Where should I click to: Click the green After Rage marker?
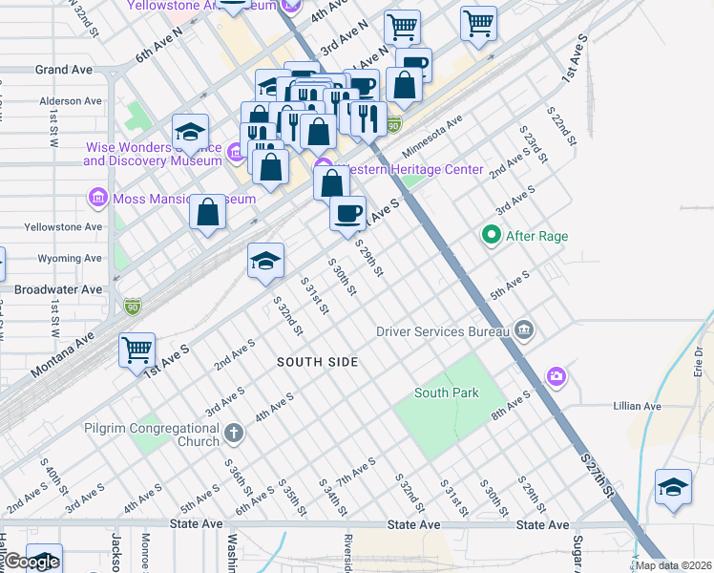492,235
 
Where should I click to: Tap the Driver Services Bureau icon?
523,331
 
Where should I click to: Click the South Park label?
447,393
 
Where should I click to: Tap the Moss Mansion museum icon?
96,199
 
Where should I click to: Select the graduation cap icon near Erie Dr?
673,487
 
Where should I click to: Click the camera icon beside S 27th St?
556,376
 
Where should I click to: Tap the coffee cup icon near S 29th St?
348,212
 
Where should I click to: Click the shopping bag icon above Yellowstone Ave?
207,212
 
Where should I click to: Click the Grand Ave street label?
63,70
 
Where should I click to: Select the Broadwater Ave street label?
58,288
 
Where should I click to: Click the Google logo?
31,562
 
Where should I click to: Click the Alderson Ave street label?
71,101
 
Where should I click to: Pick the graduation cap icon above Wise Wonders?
190,132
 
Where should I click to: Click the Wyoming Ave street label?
70,258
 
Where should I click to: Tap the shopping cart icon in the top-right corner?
478,23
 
